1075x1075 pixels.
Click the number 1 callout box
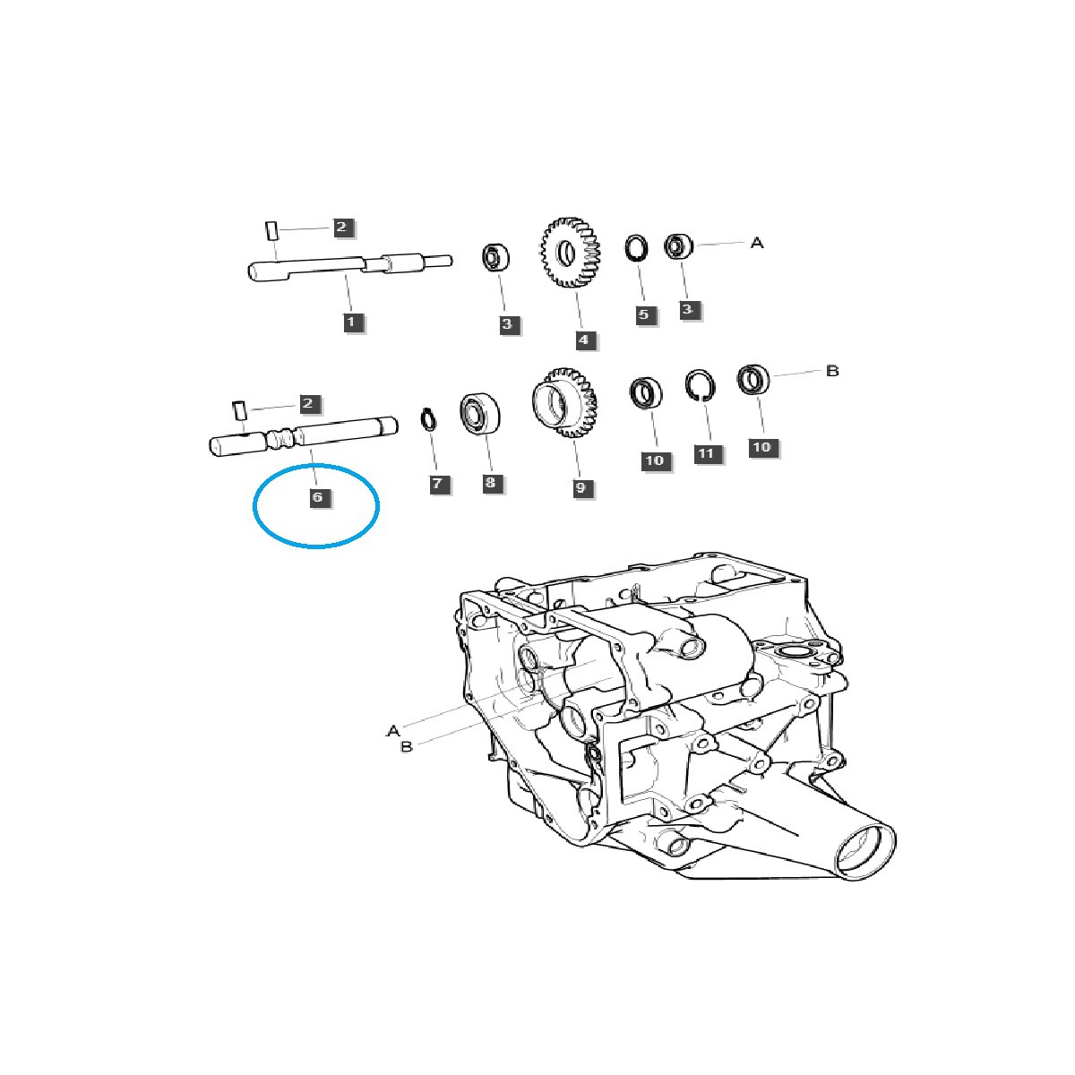pos(350,321)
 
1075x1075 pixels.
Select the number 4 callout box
pos(582,340)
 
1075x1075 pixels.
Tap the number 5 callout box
pos(643,314)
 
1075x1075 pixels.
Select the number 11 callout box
pos(706,453)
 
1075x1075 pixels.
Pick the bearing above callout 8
pos(479,413)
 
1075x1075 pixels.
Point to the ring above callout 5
pos(637,247)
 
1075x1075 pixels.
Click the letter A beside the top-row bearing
pos(757,243)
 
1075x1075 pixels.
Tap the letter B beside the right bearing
pos(832,370)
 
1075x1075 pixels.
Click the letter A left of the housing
pos(392,731)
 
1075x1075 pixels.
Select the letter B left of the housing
pos(407,746)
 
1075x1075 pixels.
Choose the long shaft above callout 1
pos(349,266)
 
